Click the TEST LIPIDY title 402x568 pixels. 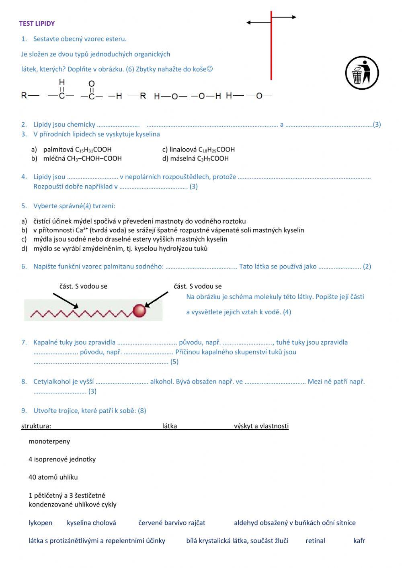(x=37, y=23)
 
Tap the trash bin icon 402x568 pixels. (x=362, y=73)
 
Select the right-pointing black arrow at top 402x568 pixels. (x=284, y=17)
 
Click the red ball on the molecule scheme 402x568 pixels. (x=139, y=311)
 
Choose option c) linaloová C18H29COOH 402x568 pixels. (x=199, y=150)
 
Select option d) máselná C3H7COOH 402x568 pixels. (x=195, y=158)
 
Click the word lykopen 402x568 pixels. (x=40, y=523)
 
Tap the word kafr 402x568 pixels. (x=359, y=541)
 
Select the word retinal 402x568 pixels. (x=315, y=541)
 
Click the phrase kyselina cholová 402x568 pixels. (x=91, y=523)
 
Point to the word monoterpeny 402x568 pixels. (x=49, y=441)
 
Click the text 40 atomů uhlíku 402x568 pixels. (x=53, y=477)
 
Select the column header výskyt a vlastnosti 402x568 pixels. (x=261, y=426)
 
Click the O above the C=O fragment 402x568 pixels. (x=92, y=84)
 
